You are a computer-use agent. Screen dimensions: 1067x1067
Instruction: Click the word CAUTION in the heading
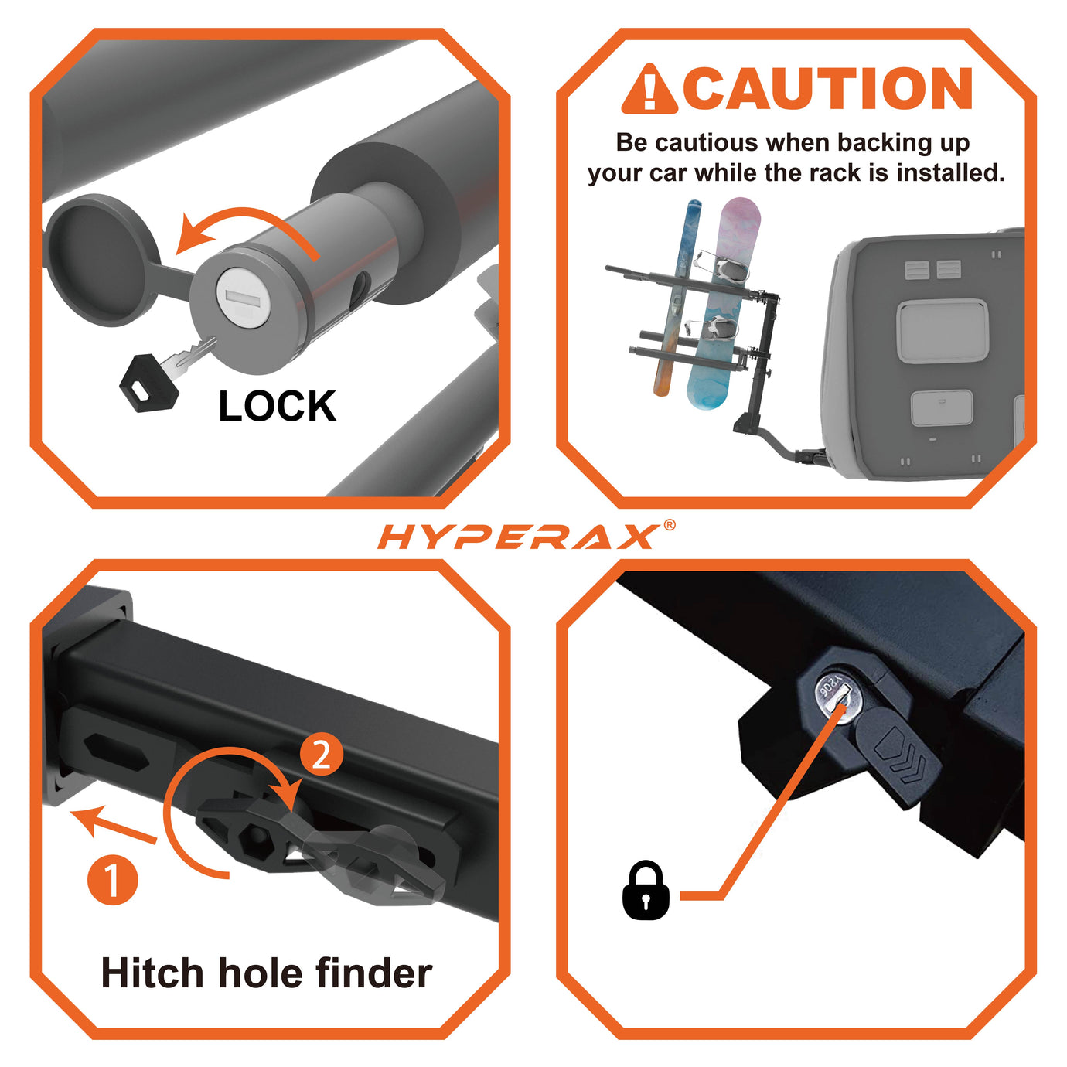pos(827,89)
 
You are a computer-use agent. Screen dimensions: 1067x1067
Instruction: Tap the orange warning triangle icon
pos(649,89)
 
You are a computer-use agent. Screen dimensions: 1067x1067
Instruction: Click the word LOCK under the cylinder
pos(278,406)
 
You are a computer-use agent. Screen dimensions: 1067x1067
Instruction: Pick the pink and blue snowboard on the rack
pos(722,305)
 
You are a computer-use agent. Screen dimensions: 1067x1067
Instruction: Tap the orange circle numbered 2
pos(322,754)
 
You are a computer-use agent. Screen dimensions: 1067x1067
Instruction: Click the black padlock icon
pos(646,891)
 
